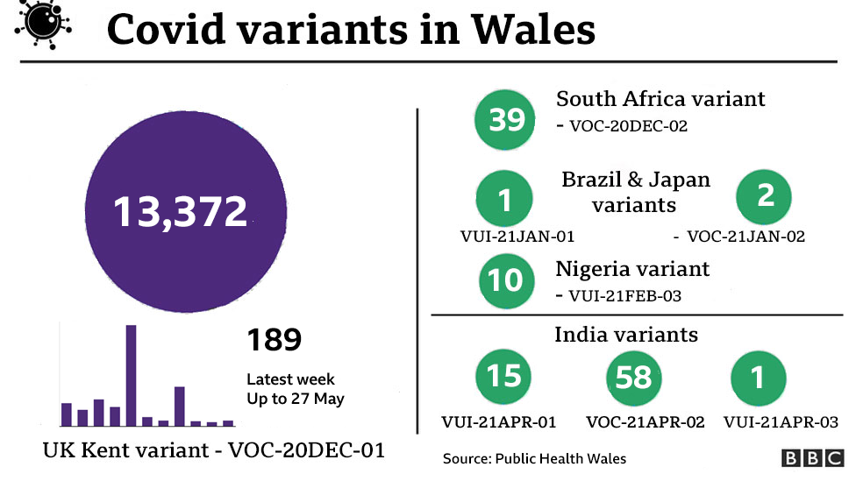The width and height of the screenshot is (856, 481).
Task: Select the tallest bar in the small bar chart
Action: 131,375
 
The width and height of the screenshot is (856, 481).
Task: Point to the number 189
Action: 274,340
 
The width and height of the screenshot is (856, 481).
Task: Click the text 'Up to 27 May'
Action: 295,400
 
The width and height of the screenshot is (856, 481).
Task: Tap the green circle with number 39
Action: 506,119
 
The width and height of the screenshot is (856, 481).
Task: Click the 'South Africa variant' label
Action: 660,99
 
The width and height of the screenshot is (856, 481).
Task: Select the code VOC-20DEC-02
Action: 628,126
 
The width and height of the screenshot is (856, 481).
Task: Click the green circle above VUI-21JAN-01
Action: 504,201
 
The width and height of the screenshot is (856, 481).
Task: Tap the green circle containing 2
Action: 765,196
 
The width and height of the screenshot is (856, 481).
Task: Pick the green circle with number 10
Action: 506,280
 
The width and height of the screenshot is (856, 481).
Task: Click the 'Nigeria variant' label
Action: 632,268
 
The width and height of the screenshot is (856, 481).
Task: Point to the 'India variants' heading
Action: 626,335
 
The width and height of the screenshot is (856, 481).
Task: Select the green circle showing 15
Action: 503,377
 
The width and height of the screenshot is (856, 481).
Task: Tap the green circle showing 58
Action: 633,378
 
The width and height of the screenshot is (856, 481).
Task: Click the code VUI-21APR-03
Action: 781,422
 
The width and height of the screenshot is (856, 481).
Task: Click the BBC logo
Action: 812,458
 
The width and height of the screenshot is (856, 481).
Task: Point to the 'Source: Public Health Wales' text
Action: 535,458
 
